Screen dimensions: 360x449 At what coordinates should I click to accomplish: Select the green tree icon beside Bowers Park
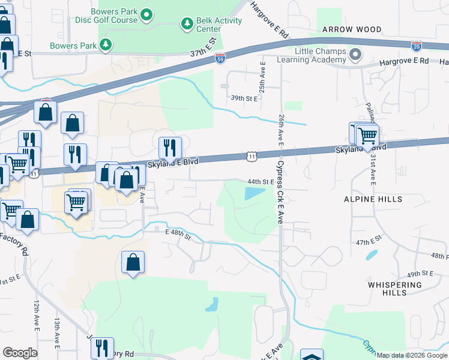pos(106,44)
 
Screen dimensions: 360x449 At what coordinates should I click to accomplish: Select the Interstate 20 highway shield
pos(417,46)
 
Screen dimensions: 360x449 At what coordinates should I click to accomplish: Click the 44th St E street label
pos(261,181)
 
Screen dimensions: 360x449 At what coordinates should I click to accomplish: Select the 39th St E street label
pos(244,98)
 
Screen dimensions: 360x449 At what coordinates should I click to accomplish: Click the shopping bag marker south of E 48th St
pos(133,263)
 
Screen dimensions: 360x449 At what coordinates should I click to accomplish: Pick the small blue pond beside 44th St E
pos(254,194)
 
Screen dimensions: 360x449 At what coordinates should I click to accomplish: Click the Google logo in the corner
pos(20,353)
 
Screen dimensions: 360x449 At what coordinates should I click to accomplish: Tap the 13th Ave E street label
pos(56,334)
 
